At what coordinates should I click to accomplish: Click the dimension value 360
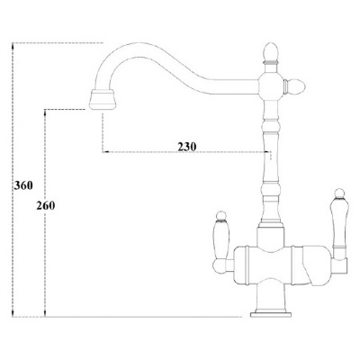coord(24,185)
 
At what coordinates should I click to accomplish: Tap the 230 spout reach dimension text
coord(188,147)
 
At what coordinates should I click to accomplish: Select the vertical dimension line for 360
coord(13,180)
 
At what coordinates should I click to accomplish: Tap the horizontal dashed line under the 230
coord(180,154)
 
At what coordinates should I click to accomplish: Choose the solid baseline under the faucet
coord(135,317)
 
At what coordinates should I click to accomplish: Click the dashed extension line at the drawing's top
coord(54,41)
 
